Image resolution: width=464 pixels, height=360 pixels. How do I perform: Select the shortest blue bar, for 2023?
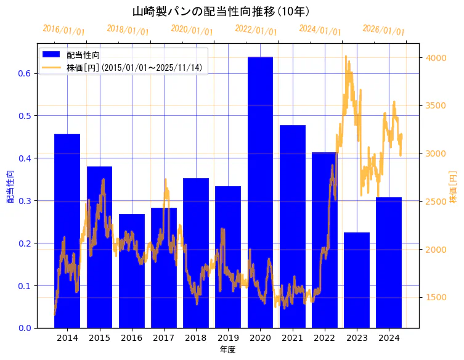(x=357, y=280)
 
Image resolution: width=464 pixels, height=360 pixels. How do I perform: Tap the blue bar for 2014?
(x=67, y=231)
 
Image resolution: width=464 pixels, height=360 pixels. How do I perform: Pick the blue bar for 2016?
(x=131, y=271)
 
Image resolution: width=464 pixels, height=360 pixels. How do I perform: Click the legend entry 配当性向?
(x=80, y=55)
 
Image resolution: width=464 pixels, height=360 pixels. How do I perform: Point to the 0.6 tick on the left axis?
(x=25, y=73)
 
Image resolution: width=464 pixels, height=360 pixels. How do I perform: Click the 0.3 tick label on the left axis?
(x=25, y=201)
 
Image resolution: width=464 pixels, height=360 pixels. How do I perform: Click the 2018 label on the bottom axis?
(x=196, y=338)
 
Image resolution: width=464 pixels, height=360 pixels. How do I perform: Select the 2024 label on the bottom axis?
(x=389, y=338)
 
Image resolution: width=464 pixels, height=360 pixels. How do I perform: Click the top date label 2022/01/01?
(x=256, y=30)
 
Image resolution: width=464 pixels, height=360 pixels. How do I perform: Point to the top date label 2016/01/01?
(x=63, y=30)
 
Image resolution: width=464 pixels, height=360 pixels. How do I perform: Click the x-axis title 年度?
(x=227, y=350)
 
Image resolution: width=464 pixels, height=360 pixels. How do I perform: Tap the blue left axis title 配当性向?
(x=10, y=186)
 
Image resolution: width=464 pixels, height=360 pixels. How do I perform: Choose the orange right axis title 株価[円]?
(x=454, y=186)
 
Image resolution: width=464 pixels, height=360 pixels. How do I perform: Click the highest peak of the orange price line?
(x=346, y=57)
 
